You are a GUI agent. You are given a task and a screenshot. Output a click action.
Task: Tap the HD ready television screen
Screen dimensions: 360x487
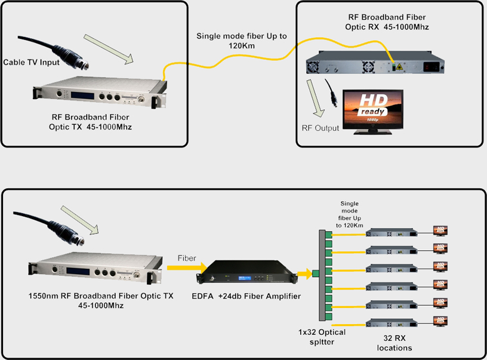[370, 108]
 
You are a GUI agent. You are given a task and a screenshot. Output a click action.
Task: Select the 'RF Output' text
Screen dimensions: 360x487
[320, 128]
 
